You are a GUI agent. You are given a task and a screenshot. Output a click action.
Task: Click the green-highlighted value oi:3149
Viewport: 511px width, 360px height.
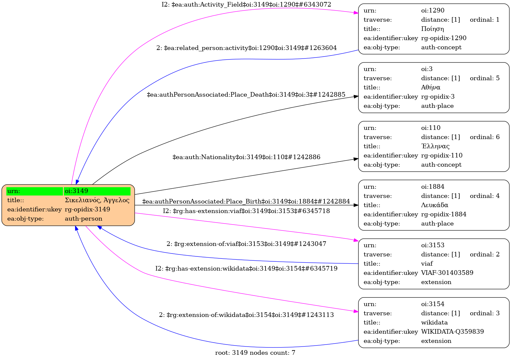76,191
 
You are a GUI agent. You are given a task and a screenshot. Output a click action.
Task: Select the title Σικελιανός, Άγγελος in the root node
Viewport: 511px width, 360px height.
97,200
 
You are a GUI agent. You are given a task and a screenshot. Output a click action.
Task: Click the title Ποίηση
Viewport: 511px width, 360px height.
432,29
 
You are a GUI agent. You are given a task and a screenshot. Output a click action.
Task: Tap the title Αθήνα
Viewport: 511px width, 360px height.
431,87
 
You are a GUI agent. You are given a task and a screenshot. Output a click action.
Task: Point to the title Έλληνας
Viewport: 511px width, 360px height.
435,146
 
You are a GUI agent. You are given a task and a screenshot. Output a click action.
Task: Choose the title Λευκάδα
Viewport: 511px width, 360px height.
435,205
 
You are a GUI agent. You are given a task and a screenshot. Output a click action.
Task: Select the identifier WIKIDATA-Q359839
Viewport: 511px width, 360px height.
452,332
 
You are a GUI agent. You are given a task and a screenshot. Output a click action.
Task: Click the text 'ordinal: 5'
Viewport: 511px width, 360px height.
485,78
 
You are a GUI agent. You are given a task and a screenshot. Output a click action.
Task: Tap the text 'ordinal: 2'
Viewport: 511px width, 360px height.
485,254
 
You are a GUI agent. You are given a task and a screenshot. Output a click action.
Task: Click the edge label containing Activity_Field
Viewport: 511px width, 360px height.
246,5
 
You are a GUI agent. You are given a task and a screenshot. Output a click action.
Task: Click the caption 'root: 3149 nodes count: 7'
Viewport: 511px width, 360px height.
255,353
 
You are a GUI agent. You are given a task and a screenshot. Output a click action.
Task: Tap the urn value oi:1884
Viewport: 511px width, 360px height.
433,187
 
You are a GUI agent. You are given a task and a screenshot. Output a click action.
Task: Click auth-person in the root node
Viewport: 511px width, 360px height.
84,219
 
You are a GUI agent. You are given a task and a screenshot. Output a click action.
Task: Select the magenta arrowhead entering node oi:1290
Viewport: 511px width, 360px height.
356,13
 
